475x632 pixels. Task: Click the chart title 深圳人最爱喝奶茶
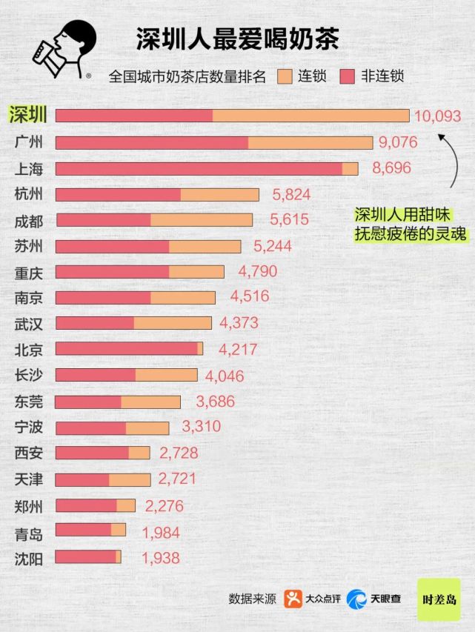[237, 39]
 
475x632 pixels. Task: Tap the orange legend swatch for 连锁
[285, 76]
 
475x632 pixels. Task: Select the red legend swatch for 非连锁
[348, 76]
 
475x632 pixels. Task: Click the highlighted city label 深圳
[29, 115]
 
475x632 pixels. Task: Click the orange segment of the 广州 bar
[310, 142]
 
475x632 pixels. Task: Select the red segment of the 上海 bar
[199, 169]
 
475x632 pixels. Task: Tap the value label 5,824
[291, 195]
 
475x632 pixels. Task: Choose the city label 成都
[29, 221]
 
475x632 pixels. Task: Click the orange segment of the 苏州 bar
[205, 246]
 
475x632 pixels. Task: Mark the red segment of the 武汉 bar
[94, 323]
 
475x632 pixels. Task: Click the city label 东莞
[29, 402]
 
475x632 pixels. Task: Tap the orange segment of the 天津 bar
[129, 479]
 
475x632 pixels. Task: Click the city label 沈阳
[29, 558]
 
